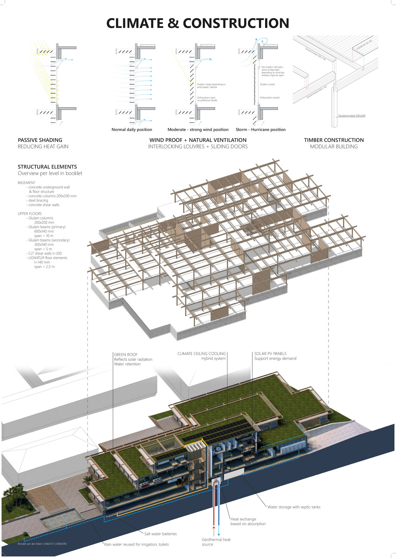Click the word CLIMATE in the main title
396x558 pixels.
click(x=135, y=23)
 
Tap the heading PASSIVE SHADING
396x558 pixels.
click(x=40, y=140)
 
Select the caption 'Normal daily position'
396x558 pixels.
click(x=132, y=130)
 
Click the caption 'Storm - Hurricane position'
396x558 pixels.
click(x=261, y=130)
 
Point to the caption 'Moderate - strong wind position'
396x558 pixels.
click(x=198, y=130)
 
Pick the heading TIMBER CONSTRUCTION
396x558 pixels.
click(x=334, y=140)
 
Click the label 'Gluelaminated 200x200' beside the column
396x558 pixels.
click(x=351, y=116)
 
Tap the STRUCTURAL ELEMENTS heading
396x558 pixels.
click(x=47, y=167)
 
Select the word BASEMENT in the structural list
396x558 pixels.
click(x=26, y=183)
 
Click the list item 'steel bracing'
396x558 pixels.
click(x=38, y=201)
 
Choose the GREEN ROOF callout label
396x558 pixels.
click(x=126, y=354)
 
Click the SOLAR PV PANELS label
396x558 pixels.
click(x=270, y=354)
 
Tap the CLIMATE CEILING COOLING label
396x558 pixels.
click(x=202, y=354)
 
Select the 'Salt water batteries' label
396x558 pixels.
click(x=160, y=534)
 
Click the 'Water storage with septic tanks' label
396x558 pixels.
click(x=294, y=507)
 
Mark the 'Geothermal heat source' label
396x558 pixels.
click(x=216, y=542)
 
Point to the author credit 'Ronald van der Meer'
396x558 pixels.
click(x=30, y=544)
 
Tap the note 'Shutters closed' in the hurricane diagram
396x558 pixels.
click(x=267, y=84)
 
